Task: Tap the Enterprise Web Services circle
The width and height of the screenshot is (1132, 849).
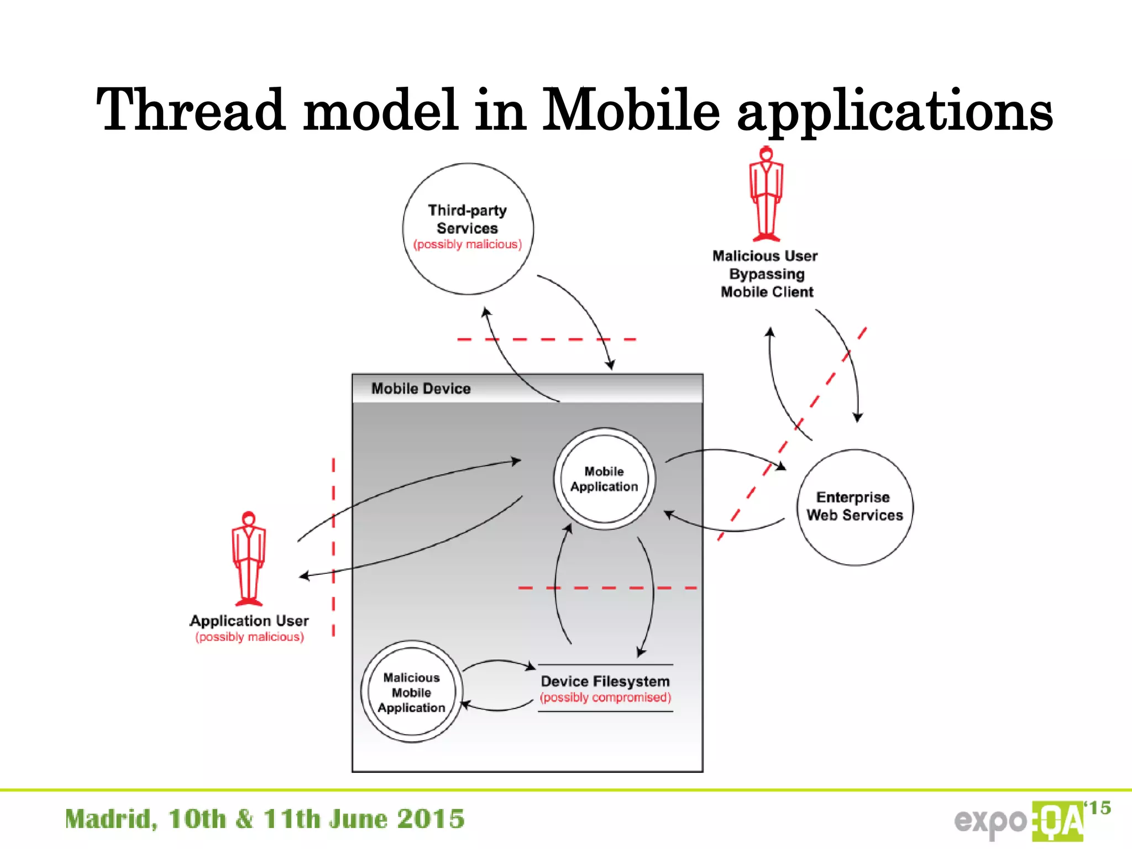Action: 855,507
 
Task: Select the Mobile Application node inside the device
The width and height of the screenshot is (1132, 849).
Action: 604,479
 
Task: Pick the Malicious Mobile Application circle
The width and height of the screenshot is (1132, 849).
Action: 411,692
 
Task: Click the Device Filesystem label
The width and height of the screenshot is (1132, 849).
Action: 605,681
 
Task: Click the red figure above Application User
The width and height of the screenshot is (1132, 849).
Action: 249,558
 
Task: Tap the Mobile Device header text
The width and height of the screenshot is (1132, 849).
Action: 421,389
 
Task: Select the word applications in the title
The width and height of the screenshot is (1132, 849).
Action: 895,111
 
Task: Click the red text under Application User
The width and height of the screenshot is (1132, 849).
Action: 249,637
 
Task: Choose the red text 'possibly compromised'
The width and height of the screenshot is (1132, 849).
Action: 605,698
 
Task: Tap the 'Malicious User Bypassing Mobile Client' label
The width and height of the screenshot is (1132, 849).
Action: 766,274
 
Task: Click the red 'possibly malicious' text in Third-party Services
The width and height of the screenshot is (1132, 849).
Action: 468,244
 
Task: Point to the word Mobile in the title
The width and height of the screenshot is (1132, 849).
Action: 630,111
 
